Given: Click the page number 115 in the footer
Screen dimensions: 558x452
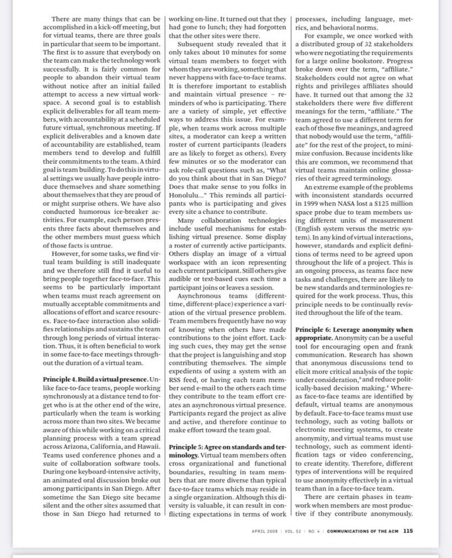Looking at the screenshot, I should coord(408,532).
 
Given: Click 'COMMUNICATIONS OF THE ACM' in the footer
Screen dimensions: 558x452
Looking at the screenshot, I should coord(363,532).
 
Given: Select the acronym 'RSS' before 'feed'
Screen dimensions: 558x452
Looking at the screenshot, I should coord(177,372).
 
